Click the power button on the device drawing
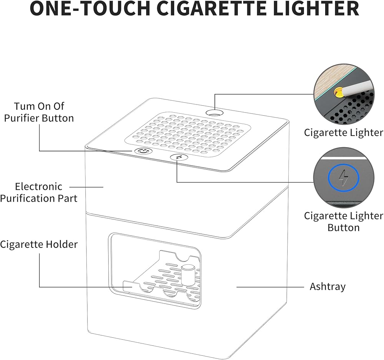[x=143, y=151]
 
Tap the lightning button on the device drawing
[x=179, y=157]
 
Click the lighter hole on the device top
[x=215, y=113]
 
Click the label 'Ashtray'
[x=328, y=287]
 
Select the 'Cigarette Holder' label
[x=39, y=244]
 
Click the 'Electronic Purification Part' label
[x=39, y=192]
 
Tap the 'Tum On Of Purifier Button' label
[x=39, y=112]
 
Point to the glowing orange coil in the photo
[x=338, y=93]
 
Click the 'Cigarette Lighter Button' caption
[x=344, y=222]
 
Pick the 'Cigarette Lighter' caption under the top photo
[x=344, y=133]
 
